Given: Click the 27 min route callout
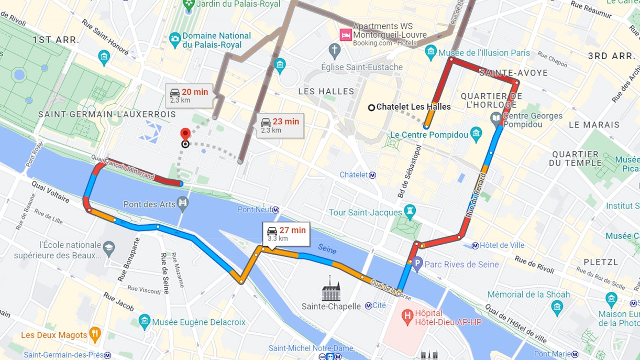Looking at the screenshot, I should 286,233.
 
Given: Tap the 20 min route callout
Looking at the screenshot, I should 190,95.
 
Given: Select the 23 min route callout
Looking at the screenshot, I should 280,125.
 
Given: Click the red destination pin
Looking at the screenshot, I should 185,135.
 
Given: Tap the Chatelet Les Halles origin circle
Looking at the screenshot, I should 371,107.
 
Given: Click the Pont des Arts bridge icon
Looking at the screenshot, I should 183,203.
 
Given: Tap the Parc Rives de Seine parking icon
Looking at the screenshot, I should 417,265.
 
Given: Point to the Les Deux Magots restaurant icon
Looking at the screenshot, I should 95,334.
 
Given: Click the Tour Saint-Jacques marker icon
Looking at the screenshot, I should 410,212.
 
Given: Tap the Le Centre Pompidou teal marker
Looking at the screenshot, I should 476,134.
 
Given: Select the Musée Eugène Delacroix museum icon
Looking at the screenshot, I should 145,322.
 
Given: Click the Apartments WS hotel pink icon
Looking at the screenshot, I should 345,35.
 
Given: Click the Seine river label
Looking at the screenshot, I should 326,251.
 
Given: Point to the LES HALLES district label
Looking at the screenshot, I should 326,91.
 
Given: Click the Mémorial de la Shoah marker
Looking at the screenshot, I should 557,305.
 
